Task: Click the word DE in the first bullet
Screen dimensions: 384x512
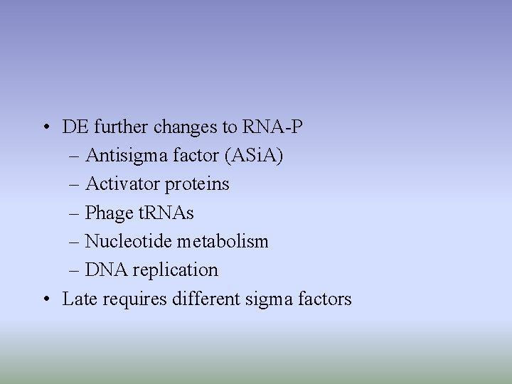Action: click(73, 127)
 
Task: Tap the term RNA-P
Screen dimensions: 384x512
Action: click(273, 127)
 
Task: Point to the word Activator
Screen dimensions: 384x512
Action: click(122, 184)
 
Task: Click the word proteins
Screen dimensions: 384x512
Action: click(197, 184)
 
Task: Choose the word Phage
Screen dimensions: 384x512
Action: click(108, 213)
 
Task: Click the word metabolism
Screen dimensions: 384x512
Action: click(223, 241)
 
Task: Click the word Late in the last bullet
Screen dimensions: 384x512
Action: click(80, 299)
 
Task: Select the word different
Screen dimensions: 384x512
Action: click(205, 299)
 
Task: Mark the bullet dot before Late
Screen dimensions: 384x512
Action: click(45, 299)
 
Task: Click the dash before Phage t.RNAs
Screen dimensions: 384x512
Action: click(75, 213)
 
